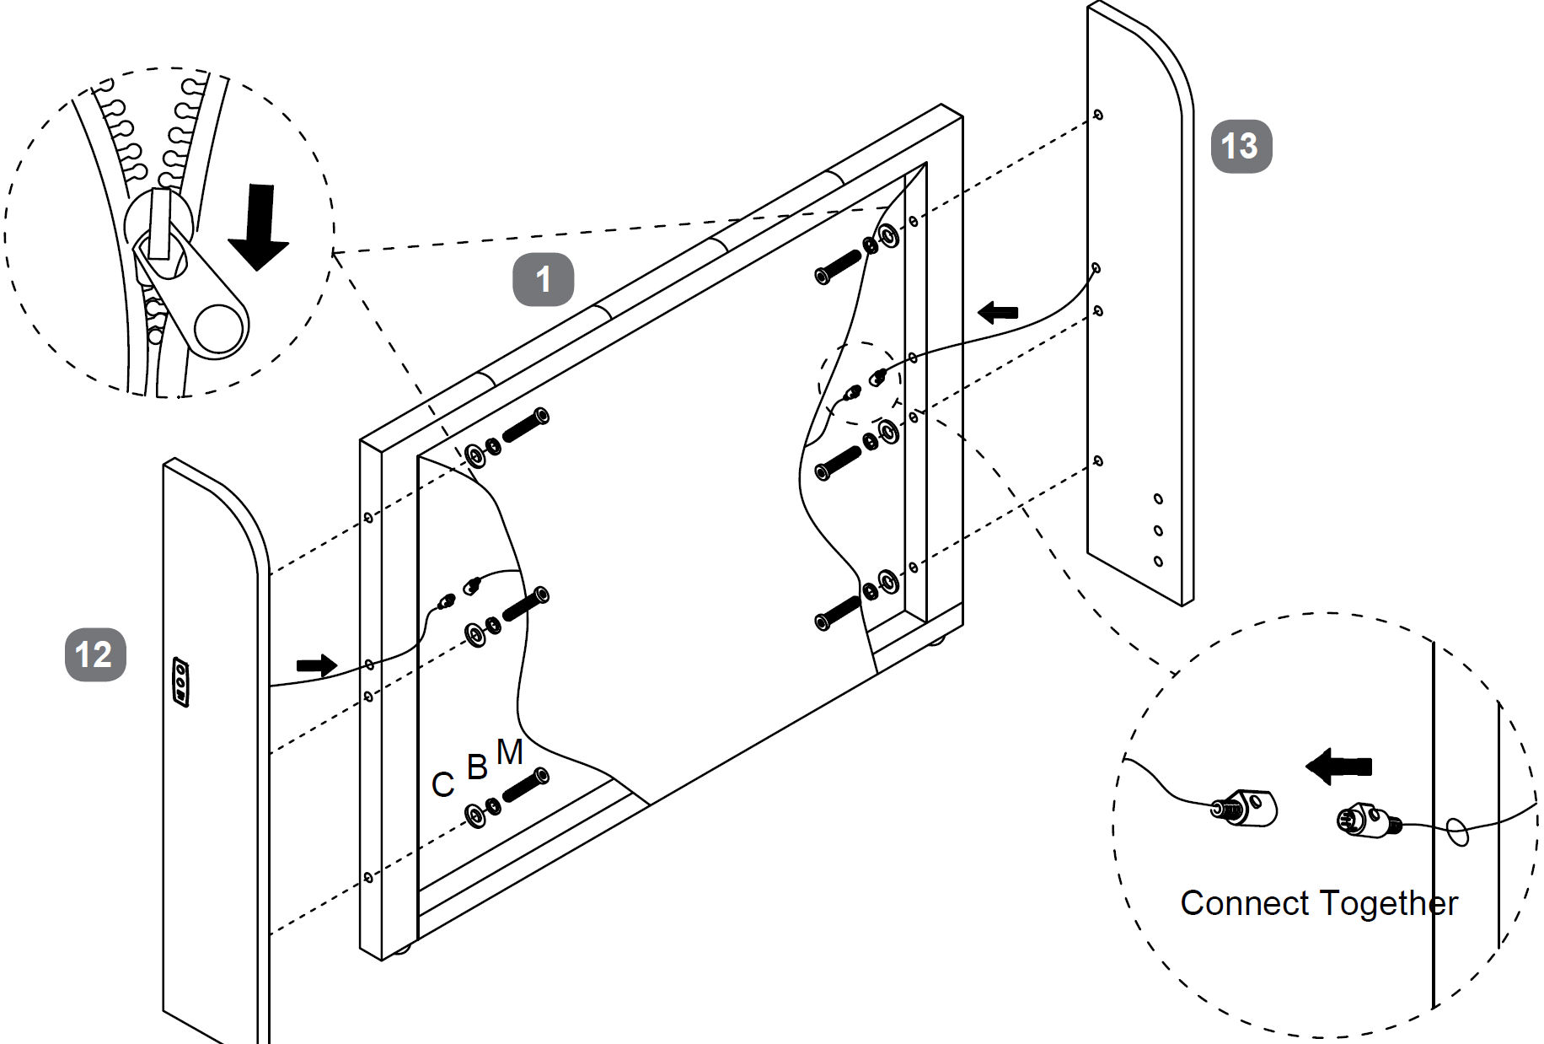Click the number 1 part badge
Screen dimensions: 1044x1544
pyautogui.click(x=543, y=279)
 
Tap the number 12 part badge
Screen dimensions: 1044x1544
pyautogui.click(x=94, y=654)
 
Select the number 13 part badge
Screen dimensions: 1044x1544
pyautogui.click(x=1241, y=146)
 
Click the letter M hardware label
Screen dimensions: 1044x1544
pyautogui.click(x=510, y=751)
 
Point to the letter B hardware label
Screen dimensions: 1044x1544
pyautogui.click(x=477, y=767)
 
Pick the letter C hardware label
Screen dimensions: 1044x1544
pyautogui.click(x=442, y=785)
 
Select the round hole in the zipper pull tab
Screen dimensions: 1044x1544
pyautogui.click(x=221, y=327)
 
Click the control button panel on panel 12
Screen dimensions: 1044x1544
pyautogui.click(x=180, y=681)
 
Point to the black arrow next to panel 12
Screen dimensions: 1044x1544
pyautogui.click(x=316, y=665)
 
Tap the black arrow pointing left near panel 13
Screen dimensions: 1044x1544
pyautogui.click(x=998, y=312)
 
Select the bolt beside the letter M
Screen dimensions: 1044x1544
pyautogui.click(x=526, y=785)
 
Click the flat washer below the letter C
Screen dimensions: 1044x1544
pyautogui.click(x=475, y=815)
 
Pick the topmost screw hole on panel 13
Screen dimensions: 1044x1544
pyautogui.click(x=1097, y=115)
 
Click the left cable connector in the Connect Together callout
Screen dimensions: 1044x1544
pyautogui.click(x=1245, y=808)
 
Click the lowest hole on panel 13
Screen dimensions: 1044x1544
pyautogui.click(x=1158, y=562)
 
